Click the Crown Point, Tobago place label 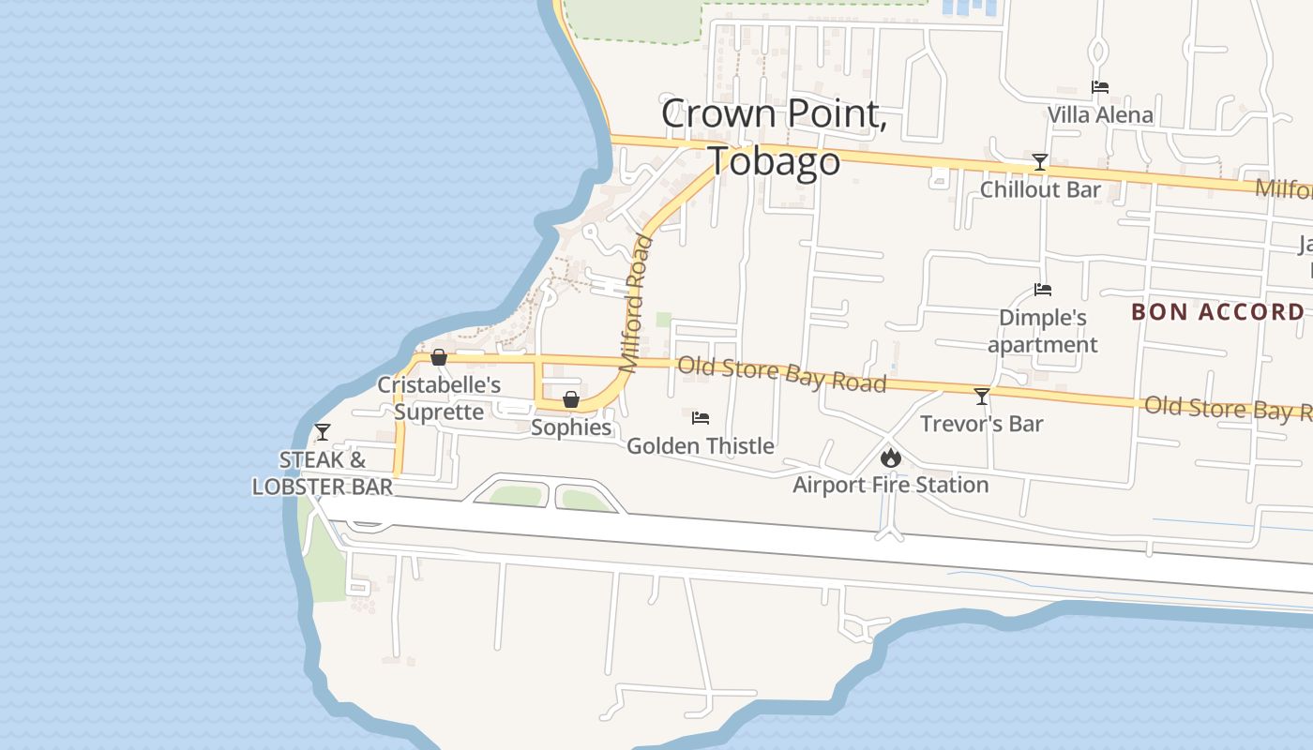[x=774, y=137]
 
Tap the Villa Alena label [x=1100, y=115]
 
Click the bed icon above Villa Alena [x=1100, y=87]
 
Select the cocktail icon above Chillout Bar [x=1039, y=162]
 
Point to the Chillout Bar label [x=1040, y=189]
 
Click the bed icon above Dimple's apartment [x=1043, y=290]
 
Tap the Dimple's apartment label [x=1042, y=331]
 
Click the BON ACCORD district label [x=1217, y=312]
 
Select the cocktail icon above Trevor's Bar [x=982, y=396]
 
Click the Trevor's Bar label [x=981, y=424]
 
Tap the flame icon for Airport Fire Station [x=890, y=457]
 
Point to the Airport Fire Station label [x=890, y=485]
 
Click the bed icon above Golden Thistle [x=701, y=418]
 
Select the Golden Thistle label [x=701, y=446]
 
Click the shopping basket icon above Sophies [x=571, y=400]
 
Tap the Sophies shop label [x=571, y=427]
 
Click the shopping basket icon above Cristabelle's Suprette [x=438, y=357]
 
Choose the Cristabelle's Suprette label [x=439, y=398]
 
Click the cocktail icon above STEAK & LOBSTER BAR [x=323, y=432]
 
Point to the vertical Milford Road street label [x=635, y=305]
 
